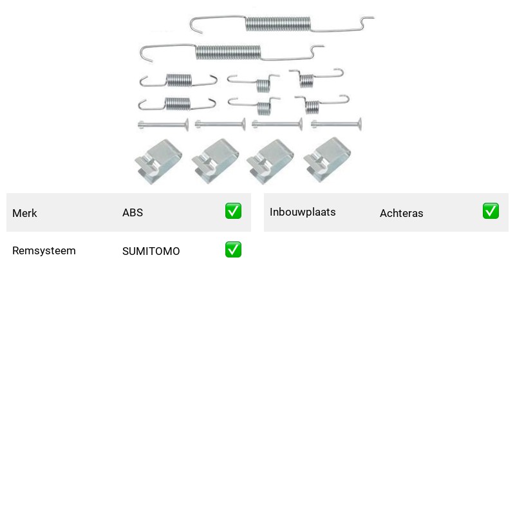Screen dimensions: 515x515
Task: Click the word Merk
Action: tap(24, 213)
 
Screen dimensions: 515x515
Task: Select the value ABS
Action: tap(133, 212)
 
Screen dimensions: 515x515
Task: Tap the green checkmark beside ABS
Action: tap(233, 211)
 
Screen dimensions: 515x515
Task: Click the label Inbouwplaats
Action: tap(303, 212)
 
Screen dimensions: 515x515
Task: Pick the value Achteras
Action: tap(401, 213)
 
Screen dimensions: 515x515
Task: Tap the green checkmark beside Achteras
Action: tap(491, 211)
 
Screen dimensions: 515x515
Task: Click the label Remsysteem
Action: tap(44, 250)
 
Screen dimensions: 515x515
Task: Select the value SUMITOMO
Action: tap(151, 251)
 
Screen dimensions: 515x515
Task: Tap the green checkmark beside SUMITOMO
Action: tap(233, 250)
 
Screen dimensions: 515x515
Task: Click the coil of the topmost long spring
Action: tap(278, 24)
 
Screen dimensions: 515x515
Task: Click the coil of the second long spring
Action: tap(228, 52)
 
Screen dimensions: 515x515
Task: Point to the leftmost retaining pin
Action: tap(164, 125)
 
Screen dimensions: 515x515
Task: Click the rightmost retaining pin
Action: tap(336, 124)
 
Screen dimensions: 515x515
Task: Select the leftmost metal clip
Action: tap(158, 162)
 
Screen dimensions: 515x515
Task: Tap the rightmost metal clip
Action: tap(327, 160)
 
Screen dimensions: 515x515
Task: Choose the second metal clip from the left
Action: tap(216, 161)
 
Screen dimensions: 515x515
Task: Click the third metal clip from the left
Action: tap(270, 162)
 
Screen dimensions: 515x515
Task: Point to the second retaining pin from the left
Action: tap(220, 124)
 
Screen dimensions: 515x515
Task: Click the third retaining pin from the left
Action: tap(277, 124)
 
